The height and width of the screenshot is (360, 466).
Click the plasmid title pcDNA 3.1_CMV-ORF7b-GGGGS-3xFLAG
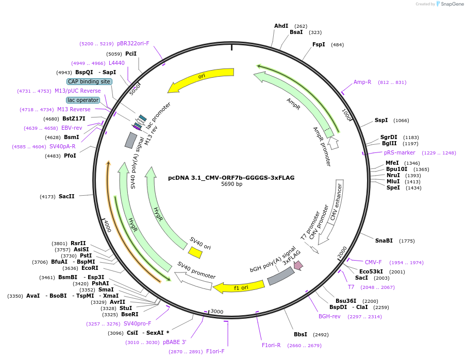231,178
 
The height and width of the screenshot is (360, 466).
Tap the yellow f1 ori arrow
239,287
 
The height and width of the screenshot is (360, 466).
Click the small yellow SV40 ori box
195,252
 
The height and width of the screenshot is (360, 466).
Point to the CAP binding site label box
89,81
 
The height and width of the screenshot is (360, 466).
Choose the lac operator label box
83,100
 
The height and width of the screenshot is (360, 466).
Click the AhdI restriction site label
281,26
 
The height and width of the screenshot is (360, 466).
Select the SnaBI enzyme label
384,241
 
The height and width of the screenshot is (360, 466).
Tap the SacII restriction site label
66,196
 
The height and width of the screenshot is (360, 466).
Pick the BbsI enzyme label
301,334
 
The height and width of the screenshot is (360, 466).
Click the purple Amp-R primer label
362,82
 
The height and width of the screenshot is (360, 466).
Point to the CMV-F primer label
373,262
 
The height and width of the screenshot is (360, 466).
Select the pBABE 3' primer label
175,342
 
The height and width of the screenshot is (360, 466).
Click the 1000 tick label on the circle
346,115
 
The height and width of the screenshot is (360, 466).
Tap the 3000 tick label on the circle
217,311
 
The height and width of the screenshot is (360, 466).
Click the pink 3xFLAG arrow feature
298,265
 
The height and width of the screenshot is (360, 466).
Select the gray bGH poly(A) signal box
281,276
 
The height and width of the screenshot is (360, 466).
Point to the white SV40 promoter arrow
193,281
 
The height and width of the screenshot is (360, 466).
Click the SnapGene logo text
452,4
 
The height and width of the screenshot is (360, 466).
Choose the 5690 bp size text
231,184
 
